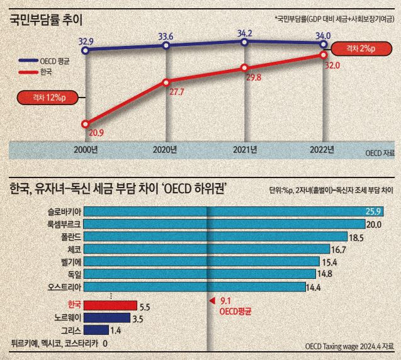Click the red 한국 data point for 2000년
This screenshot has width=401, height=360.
pos(86,124)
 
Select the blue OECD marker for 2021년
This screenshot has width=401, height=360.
pos(244,42)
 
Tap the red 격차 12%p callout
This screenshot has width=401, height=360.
pos(47,98)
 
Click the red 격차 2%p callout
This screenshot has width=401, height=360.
pos(361,48)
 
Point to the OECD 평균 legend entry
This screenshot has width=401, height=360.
pos(44,61)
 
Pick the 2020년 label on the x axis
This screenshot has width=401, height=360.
pos(165,150)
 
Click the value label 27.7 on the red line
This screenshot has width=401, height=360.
pos(177,92)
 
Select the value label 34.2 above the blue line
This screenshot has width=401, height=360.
pos(245,33)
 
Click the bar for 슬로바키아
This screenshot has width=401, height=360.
pos(234,211)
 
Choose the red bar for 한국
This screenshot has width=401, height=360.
pos(111,305)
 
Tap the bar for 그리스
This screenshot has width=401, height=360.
pos(96,330)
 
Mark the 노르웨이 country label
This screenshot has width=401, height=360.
pos(68,318)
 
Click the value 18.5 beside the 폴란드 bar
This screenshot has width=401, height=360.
pos(356,238)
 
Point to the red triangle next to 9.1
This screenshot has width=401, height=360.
pos(212,301)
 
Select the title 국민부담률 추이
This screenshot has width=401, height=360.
pos(46,20)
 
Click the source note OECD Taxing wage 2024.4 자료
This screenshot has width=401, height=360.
pos(349,346)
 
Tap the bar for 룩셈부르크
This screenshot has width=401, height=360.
pos(225,224)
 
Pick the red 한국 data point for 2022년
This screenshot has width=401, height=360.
pos(324,55)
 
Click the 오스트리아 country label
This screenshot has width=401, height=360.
pos(64,287)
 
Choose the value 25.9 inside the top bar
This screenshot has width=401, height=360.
pos(373,211)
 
